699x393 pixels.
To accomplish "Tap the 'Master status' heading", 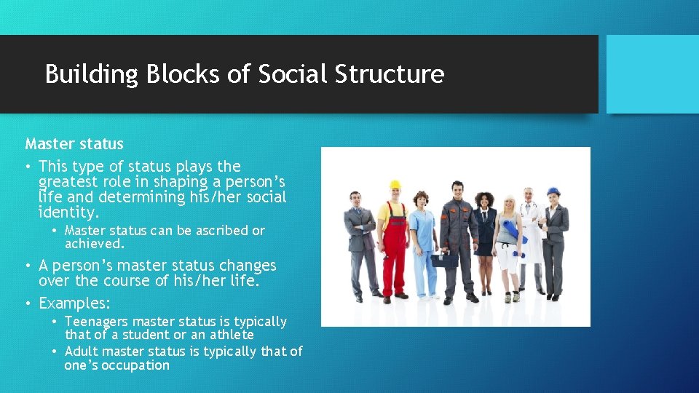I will [x=74, y=144].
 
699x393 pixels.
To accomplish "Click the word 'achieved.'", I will [x=95, y=244].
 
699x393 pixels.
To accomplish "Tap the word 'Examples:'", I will [x=74, y=303].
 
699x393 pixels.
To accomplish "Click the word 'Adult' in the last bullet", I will [x=82, y=352].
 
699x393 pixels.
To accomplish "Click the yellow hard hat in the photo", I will [x=395, y=185].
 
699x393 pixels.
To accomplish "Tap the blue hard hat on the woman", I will [x=553, y=191].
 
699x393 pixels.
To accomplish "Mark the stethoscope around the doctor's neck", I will [x=529, y=210].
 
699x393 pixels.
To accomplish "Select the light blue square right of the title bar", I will [x=652, y=74].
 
